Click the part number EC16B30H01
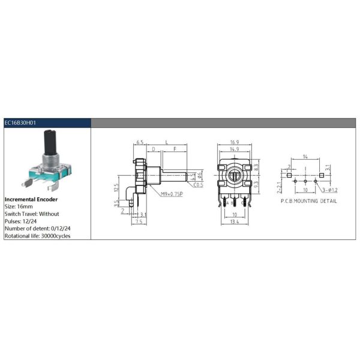click(x=21, y=122)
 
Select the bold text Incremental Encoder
click(x=31, y=198)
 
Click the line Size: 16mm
click(x=20, y=206)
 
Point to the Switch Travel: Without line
click(x=32, y=214)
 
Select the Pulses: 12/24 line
click(x=22, y=221)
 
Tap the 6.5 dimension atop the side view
click(x=139, y=143)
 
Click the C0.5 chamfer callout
click(x=199, y=185)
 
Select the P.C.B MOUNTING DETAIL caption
click(x=308, y=201)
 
